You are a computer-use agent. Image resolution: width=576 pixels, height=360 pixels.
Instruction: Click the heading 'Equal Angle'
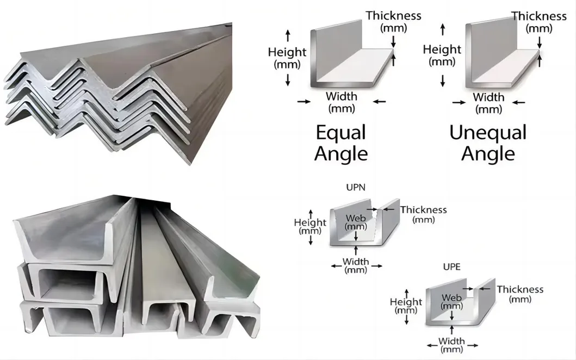341,143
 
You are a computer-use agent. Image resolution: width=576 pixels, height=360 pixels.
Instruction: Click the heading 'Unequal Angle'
488,143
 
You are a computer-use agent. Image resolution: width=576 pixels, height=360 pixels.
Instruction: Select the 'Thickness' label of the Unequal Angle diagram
539,16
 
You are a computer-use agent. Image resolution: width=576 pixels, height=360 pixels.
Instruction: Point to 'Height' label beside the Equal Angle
287,52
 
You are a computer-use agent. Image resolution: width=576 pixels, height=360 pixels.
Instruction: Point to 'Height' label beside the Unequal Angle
442,49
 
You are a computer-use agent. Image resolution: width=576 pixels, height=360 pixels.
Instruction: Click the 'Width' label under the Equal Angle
342,97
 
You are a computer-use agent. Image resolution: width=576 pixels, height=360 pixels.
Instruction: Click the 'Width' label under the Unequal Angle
488,97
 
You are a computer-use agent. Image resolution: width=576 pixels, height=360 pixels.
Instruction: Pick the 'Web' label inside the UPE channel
451,298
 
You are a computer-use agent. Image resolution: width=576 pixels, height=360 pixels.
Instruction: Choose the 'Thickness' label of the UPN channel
423,209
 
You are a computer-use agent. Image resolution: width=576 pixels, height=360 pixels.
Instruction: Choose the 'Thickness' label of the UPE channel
520,289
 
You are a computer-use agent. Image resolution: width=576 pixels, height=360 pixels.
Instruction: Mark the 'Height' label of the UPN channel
310,222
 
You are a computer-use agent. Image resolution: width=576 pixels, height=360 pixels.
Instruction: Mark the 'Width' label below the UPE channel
452,342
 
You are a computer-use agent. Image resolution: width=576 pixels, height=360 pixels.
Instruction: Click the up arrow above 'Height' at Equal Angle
288,35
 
